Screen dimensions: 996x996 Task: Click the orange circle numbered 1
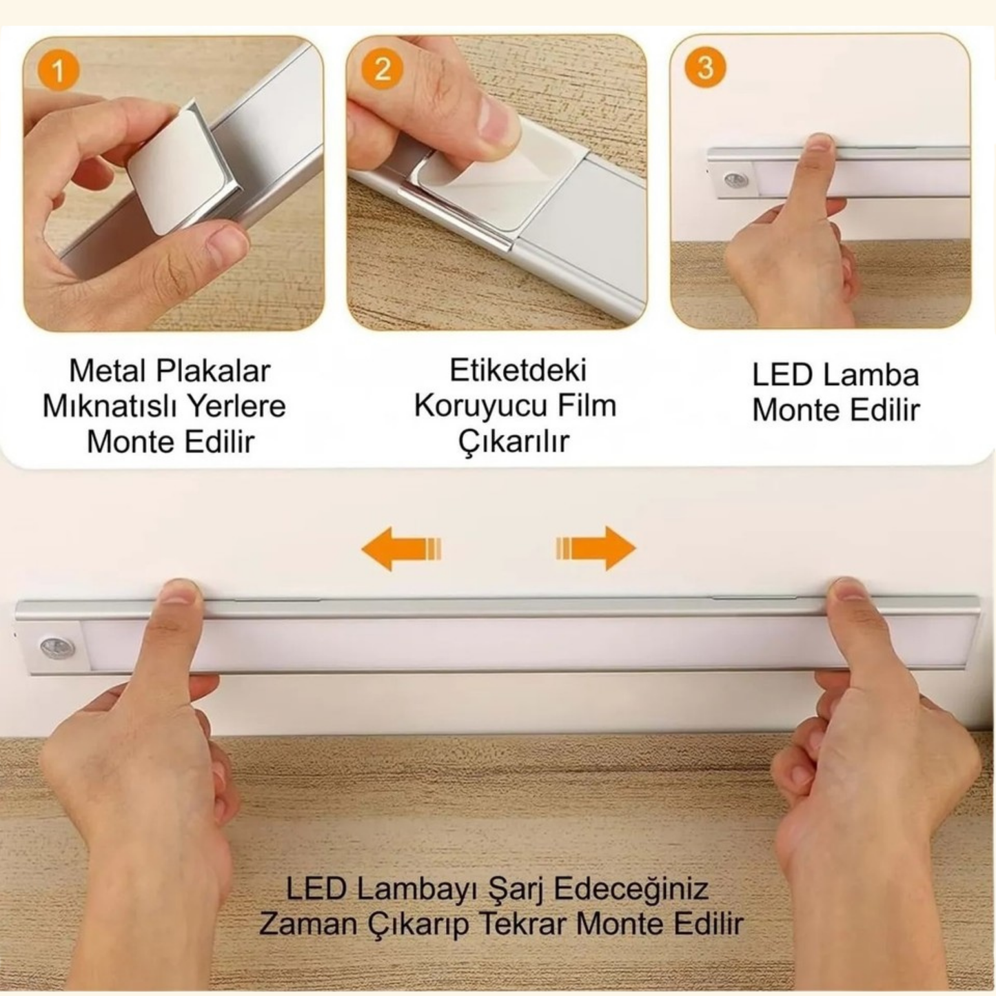[x=58, y=71]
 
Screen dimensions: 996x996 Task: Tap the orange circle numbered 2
[x=381, y=69]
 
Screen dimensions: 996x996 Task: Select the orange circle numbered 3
[x=704, y=68]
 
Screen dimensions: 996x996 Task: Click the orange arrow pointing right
[x=596, y=549]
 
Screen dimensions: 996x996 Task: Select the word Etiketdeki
[x=518, y=370]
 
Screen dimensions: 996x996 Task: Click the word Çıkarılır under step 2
[x=514, y=441]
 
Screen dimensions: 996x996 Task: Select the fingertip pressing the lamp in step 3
[x=819, y=145]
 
